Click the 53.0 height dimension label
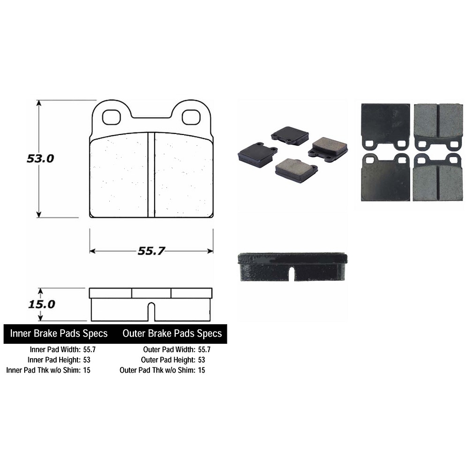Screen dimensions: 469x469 coord(40,159)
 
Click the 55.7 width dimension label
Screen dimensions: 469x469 coord(151,251)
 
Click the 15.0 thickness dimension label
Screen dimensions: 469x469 coord(41,304)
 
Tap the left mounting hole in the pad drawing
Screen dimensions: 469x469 coord(111,117)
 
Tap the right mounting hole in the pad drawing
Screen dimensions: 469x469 coord(191,117)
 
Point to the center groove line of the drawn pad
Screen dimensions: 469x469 coord(152,175)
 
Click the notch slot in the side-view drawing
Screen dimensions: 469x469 coord(151,312)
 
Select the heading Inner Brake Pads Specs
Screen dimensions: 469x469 coord(59,333)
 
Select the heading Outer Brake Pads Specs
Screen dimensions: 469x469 coord(172,333)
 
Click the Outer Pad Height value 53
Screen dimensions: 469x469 coord(201,360)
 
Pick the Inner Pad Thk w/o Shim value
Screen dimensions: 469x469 coord(87,370)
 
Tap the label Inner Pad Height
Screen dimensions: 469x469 coord(54,360)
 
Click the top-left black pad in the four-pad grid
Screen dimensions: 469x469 coord(386,124)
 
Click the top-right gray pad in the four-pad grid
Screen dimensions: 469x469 coord(438,124)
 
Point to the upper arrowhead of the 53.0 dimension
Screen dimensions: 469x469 coord(38,103)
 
